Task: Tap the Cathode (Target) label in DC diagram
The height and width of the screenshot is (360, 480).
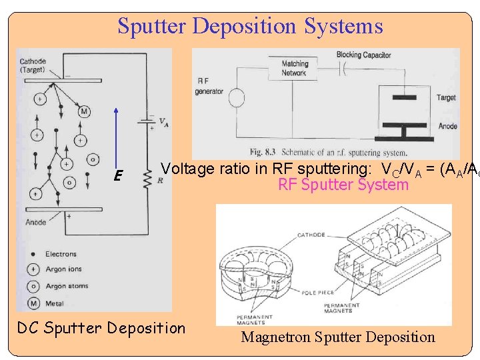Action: click(x=33, y=65)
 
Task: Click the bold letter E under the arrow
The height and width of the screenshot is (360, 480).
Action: click(x=117, y=176)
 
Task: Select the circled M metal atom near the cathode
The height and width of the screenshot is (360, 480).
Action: click(x=84, y=112)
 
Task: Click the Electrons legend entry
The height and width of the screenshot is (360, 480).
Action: click(x=61, y=254)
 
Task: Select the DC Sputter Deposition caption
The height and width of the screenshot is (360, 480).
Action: click(x=101, y=328)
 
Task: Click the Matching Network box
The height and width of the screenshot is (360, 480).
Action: click(x=295, y=69)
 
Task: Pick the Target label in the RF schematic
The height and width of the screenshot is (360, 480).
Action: click(x=446, y=98)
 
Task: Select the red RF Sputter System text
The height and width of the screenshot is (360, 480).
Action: click(x=343, y=185)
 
